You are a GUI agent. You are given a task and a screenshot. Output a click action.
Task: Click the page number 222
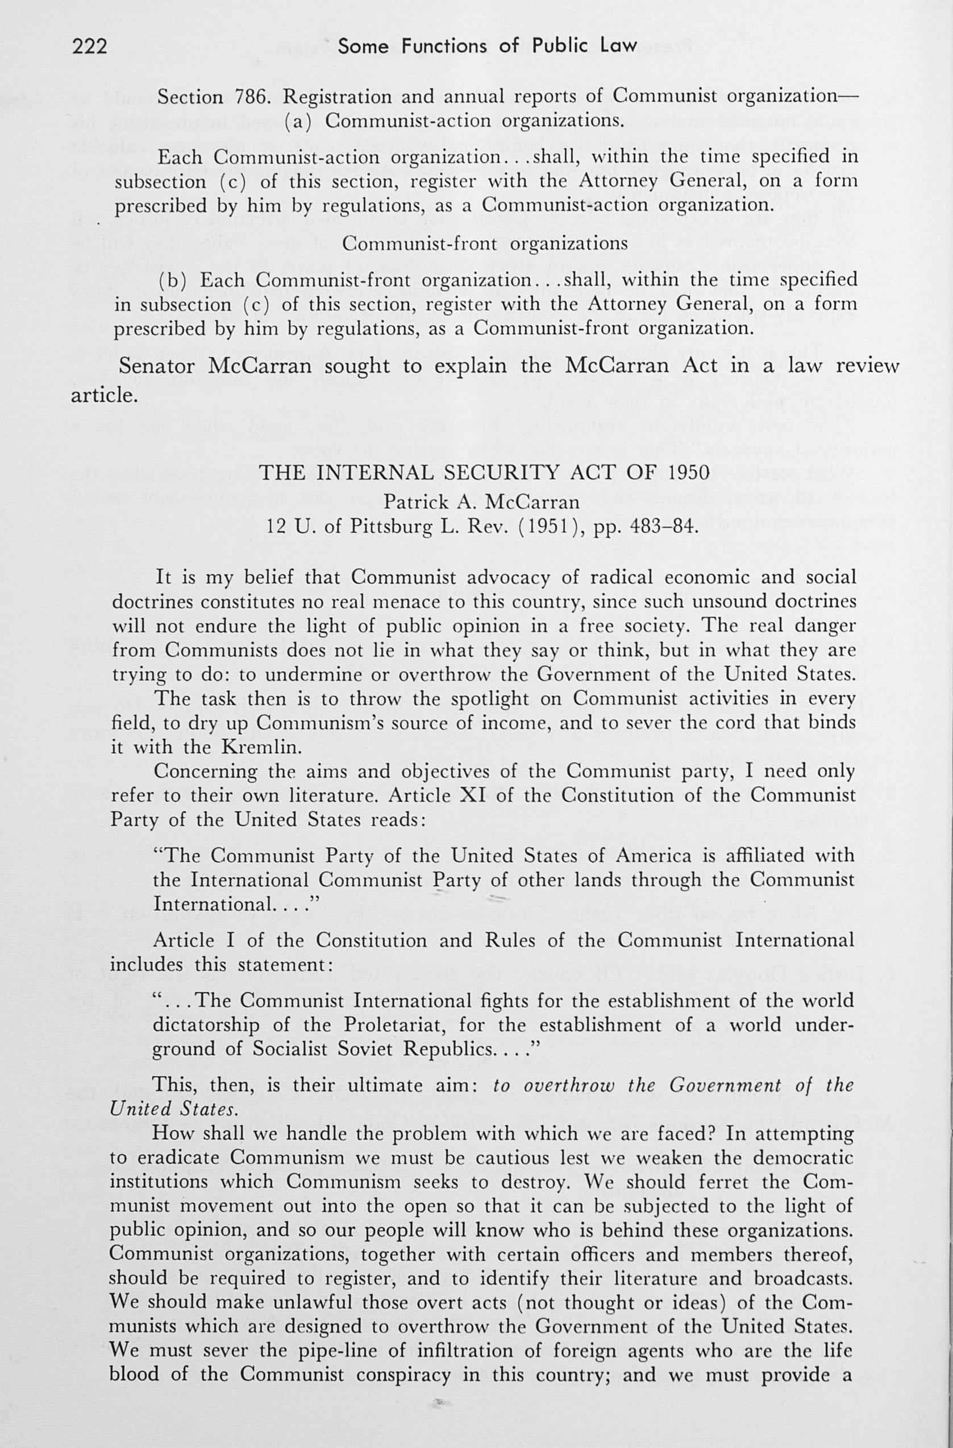pos(89,45)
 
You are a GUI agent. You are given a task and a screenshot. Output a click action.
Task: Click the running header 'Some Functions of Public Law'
pos(487,45)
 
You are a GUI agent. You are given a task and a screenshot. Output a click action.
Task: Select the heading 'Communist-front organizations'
pos(485,243)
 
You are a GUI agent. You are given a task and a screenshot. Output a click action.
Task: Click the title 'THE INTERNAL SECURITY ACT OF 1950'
pos(485,473)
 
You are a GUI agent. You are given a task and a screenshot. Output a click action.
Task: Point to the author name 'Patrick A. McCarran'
pos(481,502)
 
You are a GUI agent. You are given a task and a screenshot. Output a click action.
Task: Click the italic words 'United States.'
pos(173,1110)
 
